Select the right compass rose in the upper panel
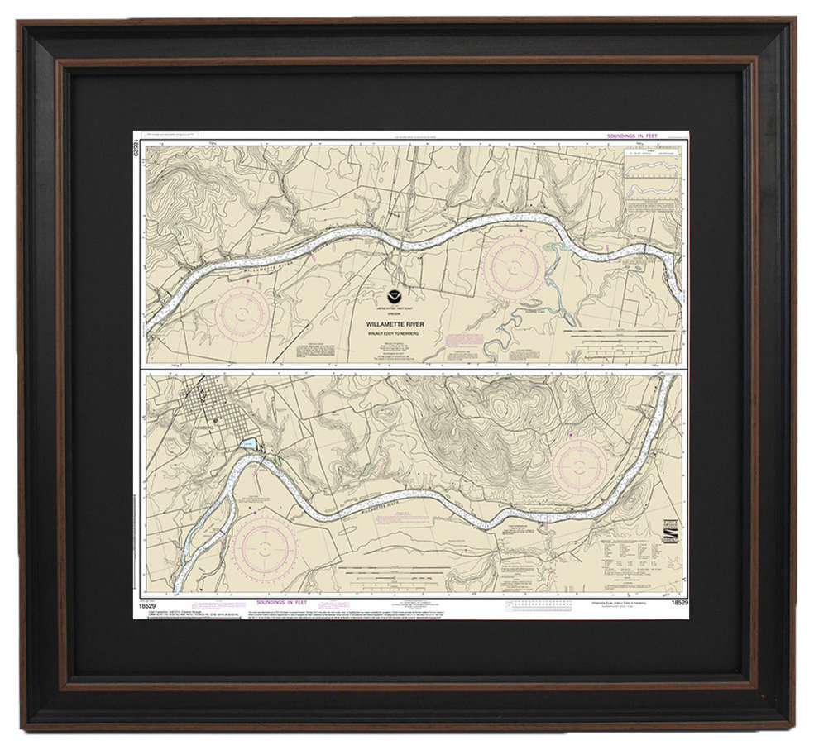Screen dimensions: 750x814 (x=514, y=265)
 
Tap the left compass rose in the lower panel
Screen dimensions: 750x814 (x=264, y=547)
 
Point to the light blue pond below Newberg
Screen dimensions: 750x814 (x=246, y=446)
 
